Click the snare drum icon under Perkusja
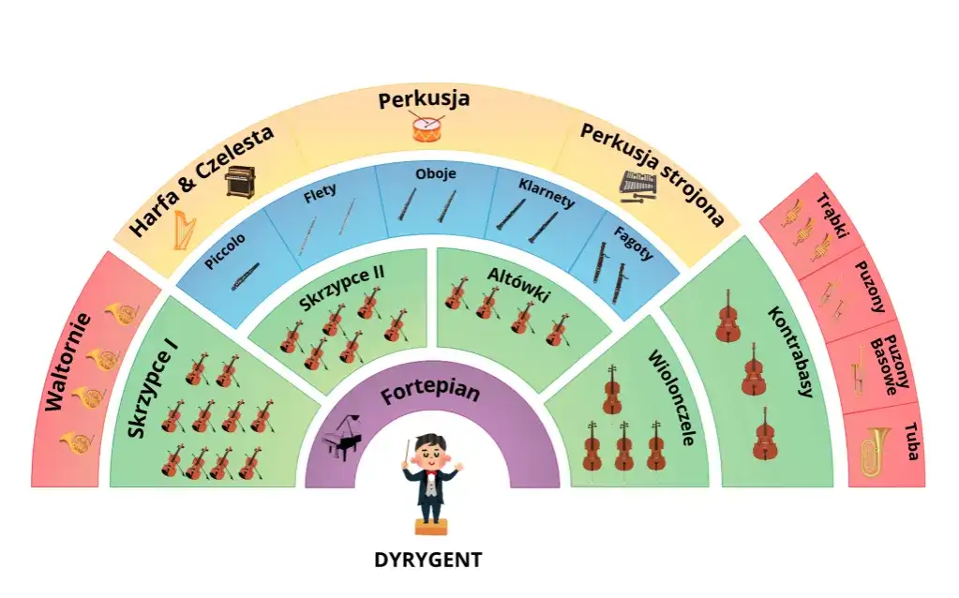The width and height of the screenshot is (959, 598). (x=427, y=127)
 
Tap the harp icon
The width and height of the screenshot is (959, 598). (x=184, y=230)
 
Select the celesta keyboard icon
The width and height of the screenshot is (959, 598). (x=240, y=181)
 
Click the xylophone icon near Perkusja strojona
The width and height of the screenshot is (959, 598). (x=637, y=187)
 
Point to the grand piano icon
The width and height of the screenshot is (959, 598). (x=341, y=437)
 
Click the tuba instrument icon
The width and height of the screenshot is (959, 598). (x=876, y=452)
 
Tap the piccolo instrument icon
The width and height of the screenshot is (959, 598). (x=246, y=277)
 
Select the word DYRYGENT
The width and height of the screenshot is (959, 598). (x=428, y=560)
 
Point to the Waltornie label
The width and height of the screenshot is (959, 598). (x=67, y=362)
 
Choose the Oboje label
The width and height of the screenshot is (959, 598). (x=436, y=173)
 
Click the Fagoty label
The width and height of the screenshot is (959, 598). (x=634, y=244)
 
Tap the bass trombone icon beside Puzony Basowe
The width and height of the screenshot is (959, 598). (x=859, y=372)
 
